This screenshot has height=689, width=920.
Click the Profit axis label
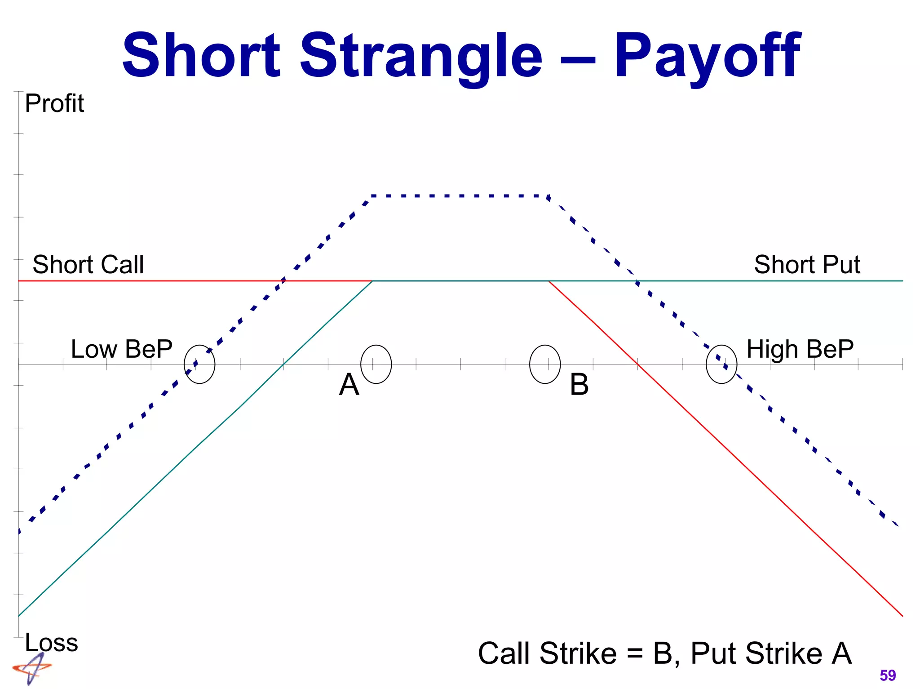[54, 103]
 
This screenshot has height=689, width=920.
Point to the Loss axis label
[51, 642]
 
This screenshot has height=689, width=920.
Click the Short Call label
[88, 264]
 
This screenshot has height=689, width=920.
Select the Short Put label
[807, 264]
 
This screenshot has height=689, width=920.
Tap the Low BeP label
[121, 349]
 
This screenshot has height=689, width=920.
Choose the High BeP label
[800, 349]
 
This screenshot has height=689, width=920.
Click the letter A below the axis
[349, 385]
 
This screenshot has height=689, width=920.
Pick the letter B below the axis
[579, 385]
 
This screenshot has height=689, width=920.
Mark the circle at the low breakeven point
[199, 364]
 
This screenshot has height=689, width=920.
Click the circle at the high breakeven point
[721, 364]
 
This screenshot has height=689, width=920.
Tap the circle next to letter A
[376, 364]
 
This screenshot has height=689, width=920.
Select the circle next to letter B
[545, 364]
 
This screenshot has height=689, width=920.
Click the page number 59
[888, 675]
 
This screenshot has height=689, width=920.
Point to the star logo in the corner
[31, 668]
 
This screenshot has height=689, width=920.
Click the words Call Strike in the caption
[547, 653]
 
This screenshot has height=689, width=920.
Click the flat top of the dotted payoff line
[460, 196]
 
